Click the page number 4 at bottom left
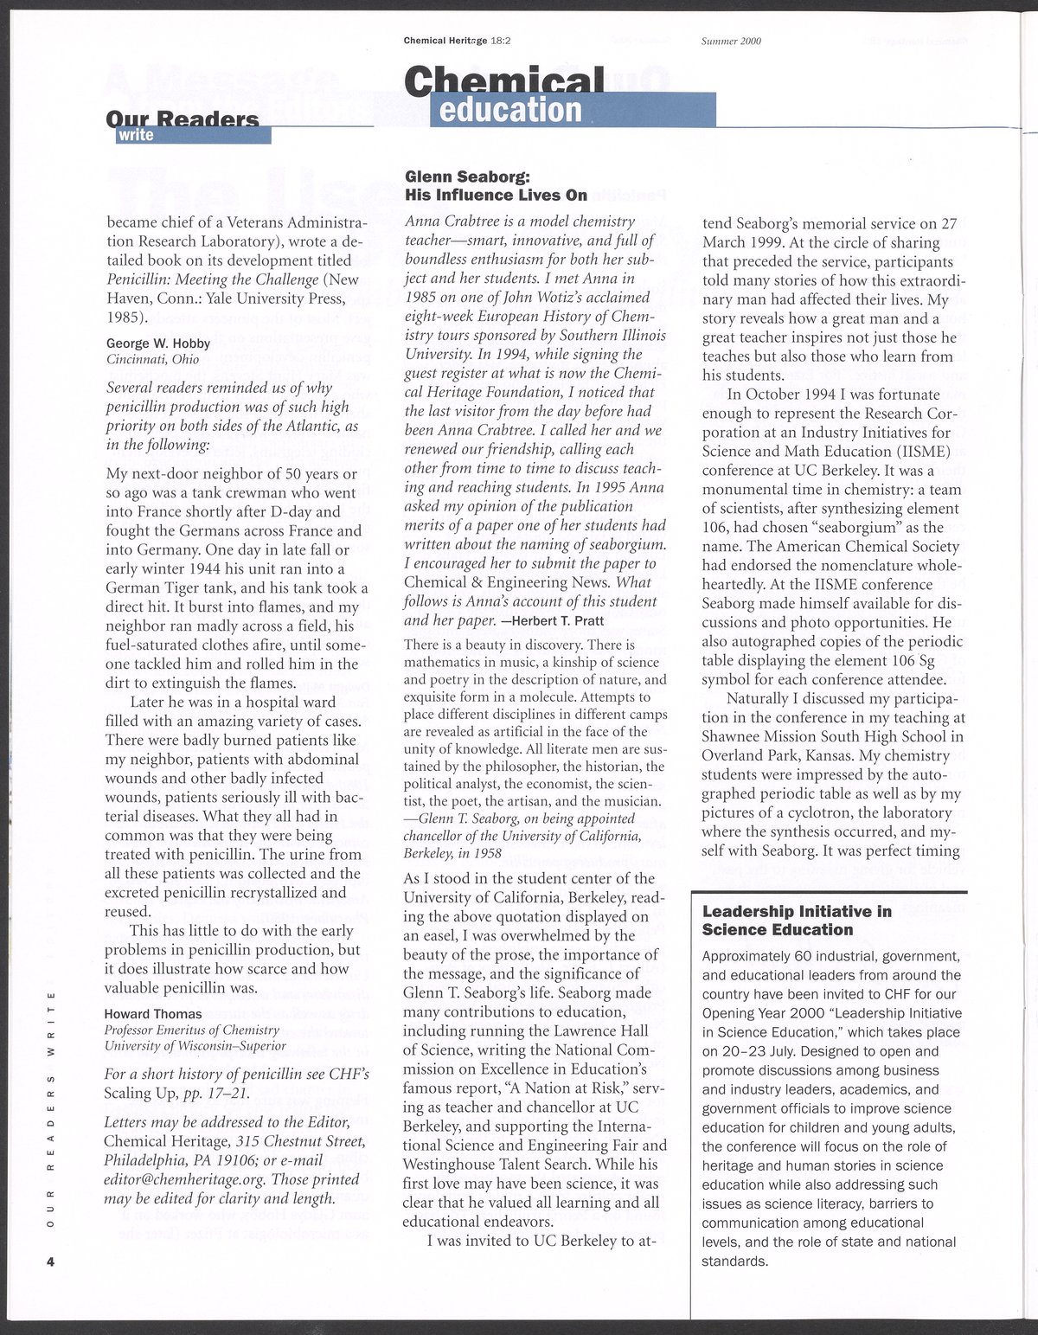(x=51, y=1261)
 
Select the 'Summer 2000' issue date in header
(x=731, y=41)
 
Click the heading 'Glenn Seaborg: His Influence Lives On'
(x=496, y=186)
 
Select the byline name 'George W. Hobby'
(x=158, y=343)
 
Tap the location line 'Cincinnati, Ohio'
(x=152, y=359)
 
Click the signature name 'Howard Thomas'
(x=153, y=1014)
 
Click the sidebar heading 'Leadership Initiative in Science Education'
(x=797, y=921)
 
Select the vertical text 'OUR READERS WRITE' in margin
(x=52, y=1112)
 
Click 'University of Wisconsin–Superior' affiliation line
(x=195, y=1045)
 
